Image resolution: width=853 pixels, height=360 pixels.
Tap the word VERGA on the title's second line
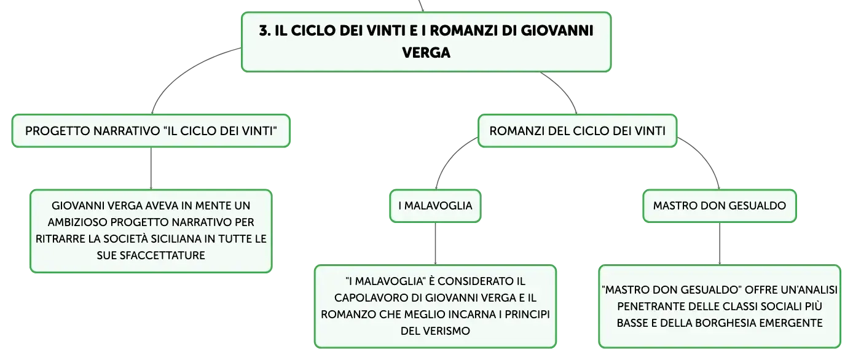426,52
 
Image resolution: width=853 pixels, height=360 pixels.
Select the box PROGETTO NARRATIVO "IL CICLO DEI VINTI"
151,131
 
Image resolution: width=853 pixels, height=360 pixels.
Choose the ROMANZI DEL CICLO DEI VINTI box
577,131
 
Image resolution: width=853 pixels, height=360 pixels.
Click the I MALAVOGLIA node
435,206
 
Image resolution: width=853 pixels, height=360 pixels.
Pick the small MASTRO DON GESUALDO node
720,206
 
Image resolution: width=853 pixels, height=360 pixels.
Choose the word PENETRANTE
649,307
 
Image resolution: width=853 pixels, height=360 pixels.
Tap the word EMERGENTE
791,323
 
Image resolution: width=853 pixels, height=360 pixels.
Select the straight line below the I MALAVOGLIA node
435,243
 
